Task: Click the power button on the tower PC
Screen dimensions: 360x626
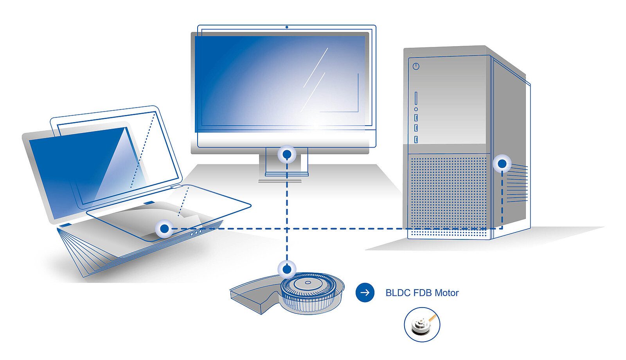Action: coord(416,66)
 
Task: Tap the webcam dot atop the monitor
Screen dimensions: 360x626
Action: coord(287,27)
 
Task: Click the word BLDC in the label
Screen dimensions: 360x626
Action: coord(398,293)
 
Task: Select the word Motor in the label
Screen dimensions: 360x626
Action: coord(446,293)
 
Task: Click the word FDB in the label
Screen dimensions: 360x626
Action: coord(422,293)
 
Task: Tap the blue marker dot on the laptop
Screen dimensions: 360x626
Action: coord(165,229)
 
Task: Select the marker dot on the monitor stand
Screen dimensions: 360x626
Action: coord(287,155)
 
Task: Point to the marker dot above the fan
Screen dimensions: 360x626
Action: coord(287,269)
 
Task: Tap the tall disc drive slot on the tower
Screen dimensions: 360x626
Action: coord(416,99)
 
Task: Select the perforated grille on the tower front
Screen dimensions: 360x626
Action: coord(448,192)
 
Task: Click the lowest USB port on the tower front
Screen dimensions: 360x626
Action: coord(416,139)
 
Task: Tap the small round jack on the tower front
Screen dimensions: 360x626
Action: coord(416,109)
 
